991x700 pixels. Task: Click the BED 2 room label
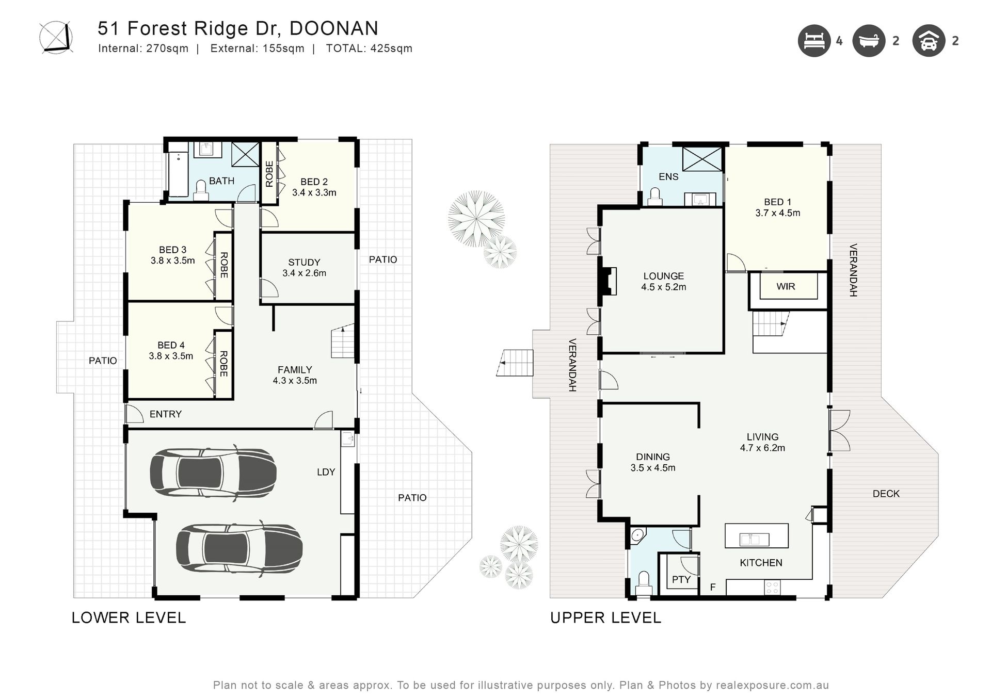tap(314, 182)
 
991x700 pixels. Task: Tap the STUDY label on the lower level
tap(304, 262)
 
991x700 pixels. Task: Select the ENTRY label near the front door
tap(166, 414)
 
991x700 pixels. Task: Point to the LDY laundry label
tap(326, 471)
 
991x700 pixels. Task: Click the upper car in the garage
tap(213, 473)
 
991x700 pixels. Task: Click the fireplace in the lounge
tap(608, 281)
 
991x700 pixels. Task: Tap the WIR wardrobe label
tap(786, 286)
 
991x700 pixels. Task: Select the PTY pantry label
tap(681, 579)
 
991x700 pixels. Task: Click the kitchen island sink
tap(754, 540)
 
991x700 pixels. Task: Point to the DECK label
tap(886, 494)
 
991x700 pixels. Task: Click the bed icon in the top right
tap(814, 41)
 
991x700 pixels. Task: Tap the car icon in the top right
tap(928, 41)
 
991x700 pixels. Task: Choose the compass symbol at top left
tap(56, 38)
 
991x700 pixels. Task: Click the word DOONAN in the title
tap(334, 28)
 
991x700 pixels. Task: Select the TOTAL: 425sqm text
tap(369, 48)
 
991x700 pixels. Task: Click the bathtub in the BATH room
tap(179, 174)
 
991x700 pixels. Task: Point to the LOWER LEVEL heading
tap(129, 617)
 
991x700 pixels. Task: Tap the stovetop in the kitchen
tap(772, 587)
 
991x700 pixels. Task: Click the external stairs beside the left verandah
tap(515, 363)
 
